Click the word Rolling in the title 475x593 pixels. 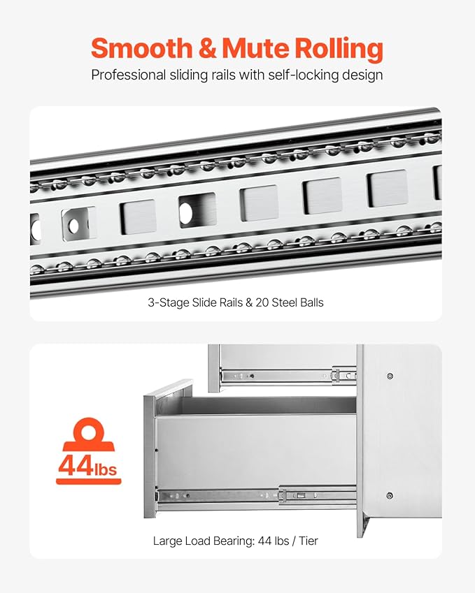point(339,49)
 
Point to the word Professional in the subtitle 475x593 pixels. point(126,75)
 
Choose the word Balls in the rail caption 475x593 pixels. point(311,303)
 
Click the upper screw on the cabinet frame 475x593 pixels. point(390,376)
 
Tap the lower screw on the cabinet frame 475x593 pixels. point(390,496)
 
